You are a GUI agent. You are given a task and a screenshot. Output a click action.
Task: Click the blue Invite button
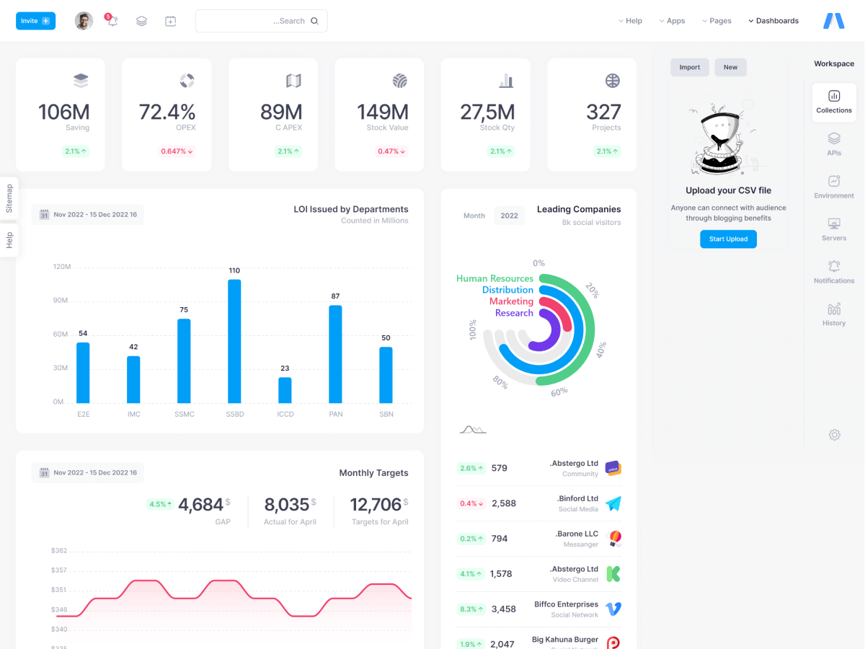(35, 21)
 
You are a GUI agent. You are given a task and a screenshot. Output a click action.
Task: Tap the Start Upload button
(728, 239)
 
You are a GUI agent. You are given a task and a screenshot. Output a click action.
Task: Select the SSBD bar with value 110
(234, 341)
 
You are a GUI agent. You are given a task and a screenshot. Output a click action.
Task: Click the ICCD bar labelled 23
(285, 390)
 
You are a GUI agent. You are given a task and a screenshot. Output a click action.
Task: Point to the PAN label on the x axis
(335, 414)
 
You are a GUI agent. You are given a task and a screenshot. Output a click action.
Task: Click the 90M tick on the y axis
(61, 300)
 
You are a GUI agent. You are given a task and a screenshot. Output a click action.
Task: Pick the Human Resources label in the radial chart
(494, 278)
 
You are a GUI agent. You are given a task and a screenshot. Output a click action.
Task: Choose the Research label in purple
(514, 313)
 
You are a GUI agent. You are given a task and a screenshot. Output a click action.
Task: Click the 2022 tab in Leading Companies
(509, 216)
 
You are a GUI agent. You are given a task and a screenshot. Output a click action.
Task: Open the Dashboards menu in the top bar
(773, 21)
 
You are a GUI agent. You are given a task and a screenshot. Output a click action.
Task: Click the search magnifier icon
(314, 21)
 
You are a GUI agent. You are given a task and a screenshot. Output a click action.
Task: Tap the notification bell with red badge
(112, 21)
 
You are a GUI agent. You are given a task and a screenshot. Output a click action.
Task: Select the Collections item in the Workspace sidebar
(834, 100)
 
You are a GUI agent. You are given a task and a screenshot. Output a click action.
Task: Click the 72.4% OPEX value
(167, 112)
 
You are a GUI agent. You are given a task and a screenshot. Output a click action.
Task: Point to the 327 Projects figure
(603, 112)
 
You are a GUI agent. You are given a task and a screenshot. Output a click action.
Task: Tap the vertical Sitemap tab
(9, 198)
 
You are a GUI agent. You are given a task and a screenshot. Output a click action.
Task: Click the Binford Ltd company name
(577, 498)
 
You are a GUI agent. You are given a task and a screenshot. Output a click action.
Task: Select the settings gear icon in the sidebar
(834, 435)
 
